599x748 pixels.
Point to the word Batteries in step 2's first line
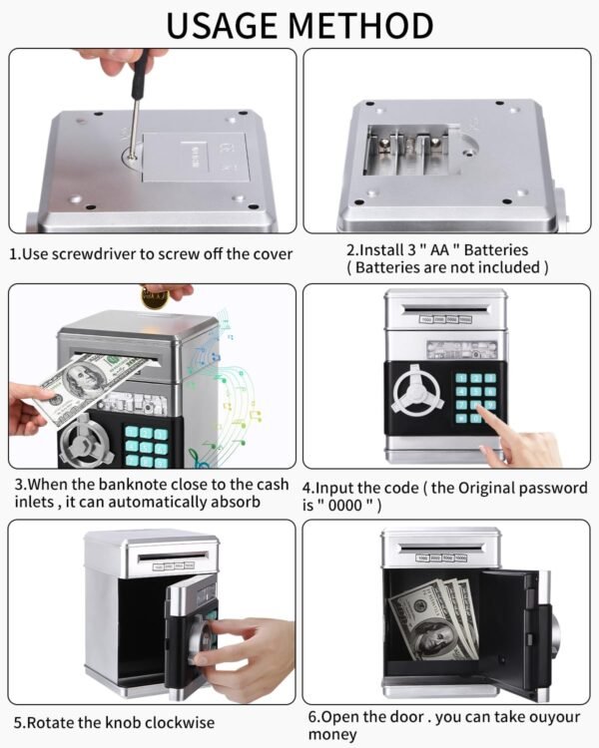click(x=488, y=249)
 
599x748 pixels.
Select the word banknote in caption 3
click(x=129, y=485)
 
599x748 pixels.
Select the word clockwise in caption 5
click(x=177, y=721)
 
